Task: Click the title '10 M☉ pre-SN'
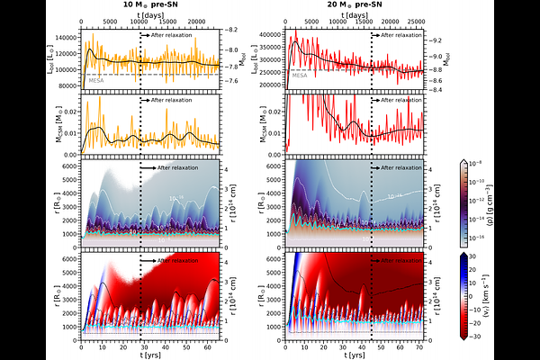point(149,5)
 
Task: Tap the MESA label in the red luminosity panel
point(301,76)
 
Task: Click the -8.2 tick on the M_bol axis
point(232,31)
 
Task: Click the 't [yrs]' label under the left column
point(149,356)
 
